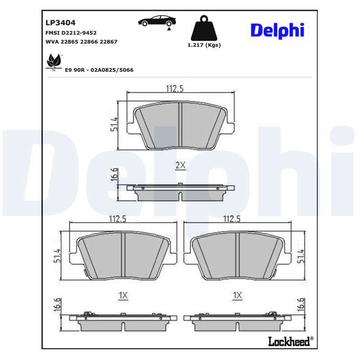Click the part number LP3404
click(x=60, y=23)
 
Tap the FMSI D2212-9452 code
click(x=71, y=33)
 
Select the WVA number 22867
click(x=108, y=42)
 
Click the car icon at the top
click(x=157, y=22)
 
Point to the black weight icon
click(x=204, y=28)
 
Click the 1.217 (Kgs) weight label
click(x=204, y=45)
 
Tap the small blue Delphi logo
click(x=278, y=31)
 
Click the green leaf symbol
click(x=54, y=62)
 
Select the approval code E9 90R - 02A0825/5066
click(x=99, y=70)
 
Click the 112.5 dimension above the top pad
click(x=175, y=88)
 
